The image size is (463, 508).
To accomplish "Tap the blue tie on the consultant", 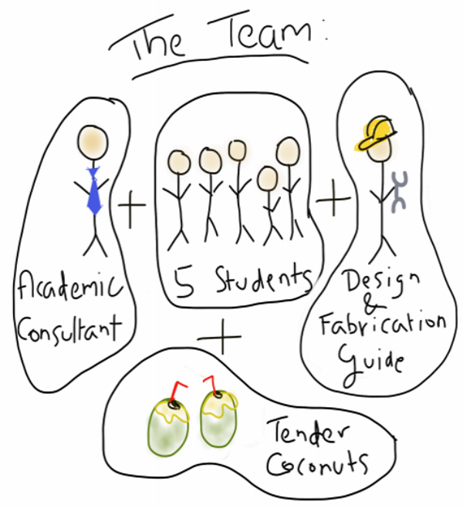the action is (94, 190).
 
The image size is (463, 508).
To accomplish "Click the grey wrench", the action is (399, 190).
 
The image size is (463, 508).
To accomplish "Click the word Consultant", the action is (69, 331).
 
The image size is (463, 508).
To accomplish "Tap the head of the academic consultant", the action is (93, 143).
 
